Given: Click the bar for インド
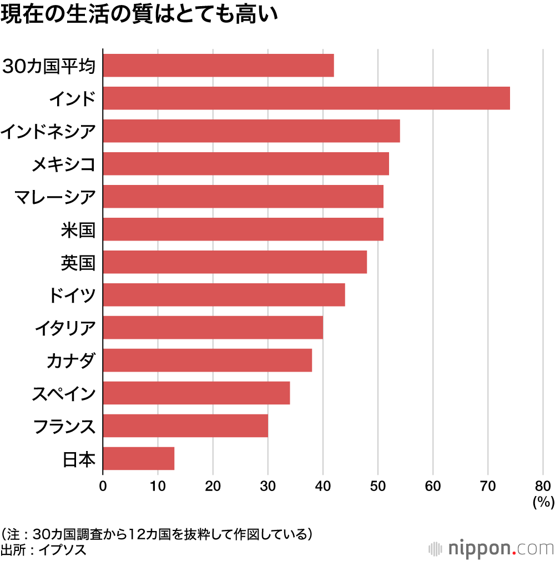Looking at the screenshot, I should (x=306, y=98).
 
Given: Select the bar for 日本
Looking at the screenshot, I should (x=139, y=458).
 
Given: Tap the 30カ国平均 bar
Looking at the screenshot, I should (x=219, y=66).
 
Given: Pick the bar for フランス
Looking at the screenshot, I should (x=185, y=425).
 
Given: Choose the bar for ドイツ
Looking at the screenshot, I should (x=224, y=294).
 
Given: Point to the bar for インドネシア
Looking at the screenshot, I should (x=251, y=131).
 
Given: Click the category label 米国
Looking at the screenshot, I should (x=78, y=229).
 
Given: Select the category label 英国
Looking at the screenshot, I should (x=78, y=262).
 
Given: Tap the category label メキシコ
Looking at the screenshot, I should (x=63, y=164).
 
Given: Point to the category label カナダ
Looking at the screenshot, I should (x=71, y=360).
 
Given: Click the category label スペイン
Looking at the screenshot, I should (x=63, y=393).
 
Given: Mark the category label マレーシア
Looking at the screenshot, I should (x=56, y=197).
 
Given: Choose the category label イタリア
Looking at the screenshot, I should (x=64, y=328).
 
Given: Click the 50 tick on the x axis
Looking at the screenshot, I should (x=378, y=486).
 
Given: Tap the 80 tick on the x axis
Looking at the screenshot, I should (x=543, y=486).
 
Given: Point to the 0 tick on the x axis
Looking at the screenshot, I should (x=103, y=486).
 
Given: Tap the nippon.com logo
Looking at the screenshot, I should (x=491, y=548).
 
